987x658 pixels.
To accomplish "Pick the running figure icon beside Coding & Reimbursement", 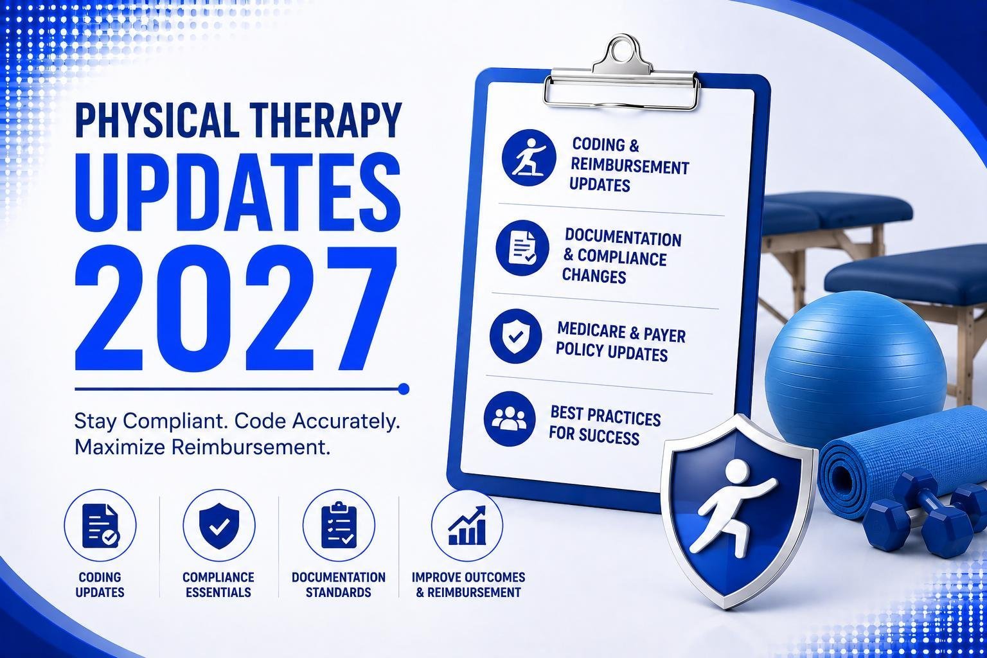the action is [x=529, y=157].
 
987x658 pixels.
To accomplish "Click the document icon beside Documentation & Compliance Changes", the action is [x=522, y=247].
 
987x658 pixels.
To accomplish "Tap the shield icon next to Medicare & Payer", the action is [x=515, y=336].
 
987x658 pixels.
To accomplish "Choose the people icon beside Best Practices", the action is [x=510, y=419].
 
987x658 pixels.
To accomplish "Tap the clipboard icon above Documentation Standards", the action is [x=339, y=525].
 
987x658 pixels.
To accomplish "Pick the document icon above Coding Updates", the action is [x=101, y=526].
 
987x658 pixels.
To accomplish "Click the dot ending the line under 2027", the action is [x=403, y=389].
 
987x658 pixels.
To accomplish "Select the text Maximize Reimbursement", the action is [x=202, y=447].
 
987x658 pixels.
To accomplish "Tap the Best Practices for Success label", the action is [x=605, y=425].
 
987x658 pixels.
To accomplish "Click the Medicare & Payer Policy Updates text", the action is [x=620, y=342].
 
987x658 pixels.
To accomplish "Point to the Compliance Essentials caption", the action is [x=218, y=584].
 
